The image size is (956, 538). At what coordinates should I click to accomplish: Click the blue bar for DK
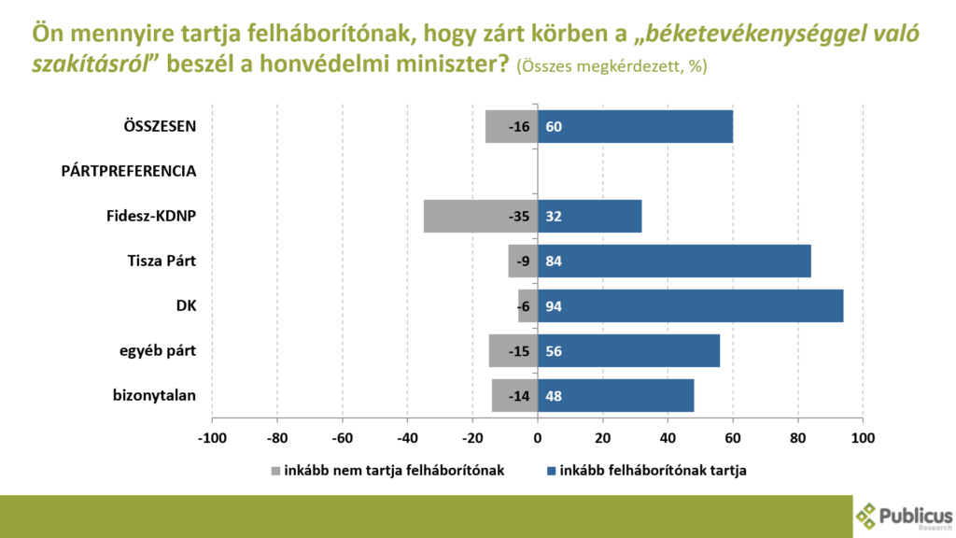tap(691, 306)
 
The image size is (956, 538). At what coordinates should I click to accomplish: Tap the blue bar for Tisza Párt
tap(674, 262)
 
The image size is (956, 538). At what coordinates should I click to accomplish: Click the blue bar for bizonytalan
tap(616, 396)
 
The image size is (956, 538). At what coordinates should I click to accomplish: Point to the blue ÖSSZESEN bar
tap(635, 127)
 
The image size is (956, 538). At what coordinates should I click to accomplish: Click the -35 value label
tap(520, 217)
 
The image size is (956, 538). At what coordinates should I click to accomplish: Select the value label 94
tap(554, 306)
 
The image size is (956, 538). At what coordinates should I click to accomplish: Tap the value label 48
tap(554, 396)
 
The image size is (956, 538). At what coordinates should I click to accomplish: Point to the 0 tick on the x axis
tap(538, 437)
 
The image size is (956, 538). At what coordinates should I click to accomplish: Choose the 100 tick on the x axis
tap(863, 437)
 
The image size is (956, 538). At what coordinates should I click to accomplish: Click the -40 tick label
tap(407, 437)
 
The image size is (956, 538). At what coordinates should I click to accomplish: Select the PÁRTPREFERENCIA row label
tap(129, 171)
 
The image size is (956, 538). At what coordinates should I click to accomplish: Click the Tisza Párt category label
tap(162, 261)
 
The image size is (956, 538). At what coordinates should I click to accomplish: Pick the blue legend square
tap(552, 471)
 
